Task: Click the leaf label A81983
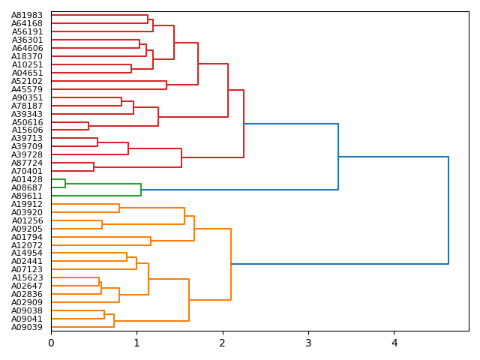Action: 27,16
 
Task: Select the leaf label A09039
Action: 27,327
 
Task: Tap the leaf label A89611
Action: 27,196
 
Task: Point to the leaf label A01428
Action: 27,179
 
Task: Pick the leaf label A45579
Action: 27,89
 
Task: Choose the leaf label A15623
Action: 27,277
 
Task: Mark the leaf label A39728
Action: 27,154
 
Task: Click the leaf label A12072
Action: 27,245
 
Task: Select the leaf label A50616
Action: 27,122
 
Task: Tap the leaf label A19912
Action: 27,204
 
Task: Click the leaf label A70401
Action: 27,171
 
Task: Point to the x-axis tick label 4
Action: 394,343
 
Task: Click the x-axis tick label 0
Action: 51,343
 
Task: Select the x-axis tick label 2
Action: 223,343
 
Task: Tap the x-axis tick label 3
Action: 308,343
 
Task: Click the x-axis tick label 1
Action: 136,343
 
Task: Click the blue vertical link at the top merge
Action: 448,210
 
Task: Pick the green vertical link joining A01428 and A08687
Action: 65,184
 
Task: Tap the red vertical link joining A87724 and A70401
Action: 94,166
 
